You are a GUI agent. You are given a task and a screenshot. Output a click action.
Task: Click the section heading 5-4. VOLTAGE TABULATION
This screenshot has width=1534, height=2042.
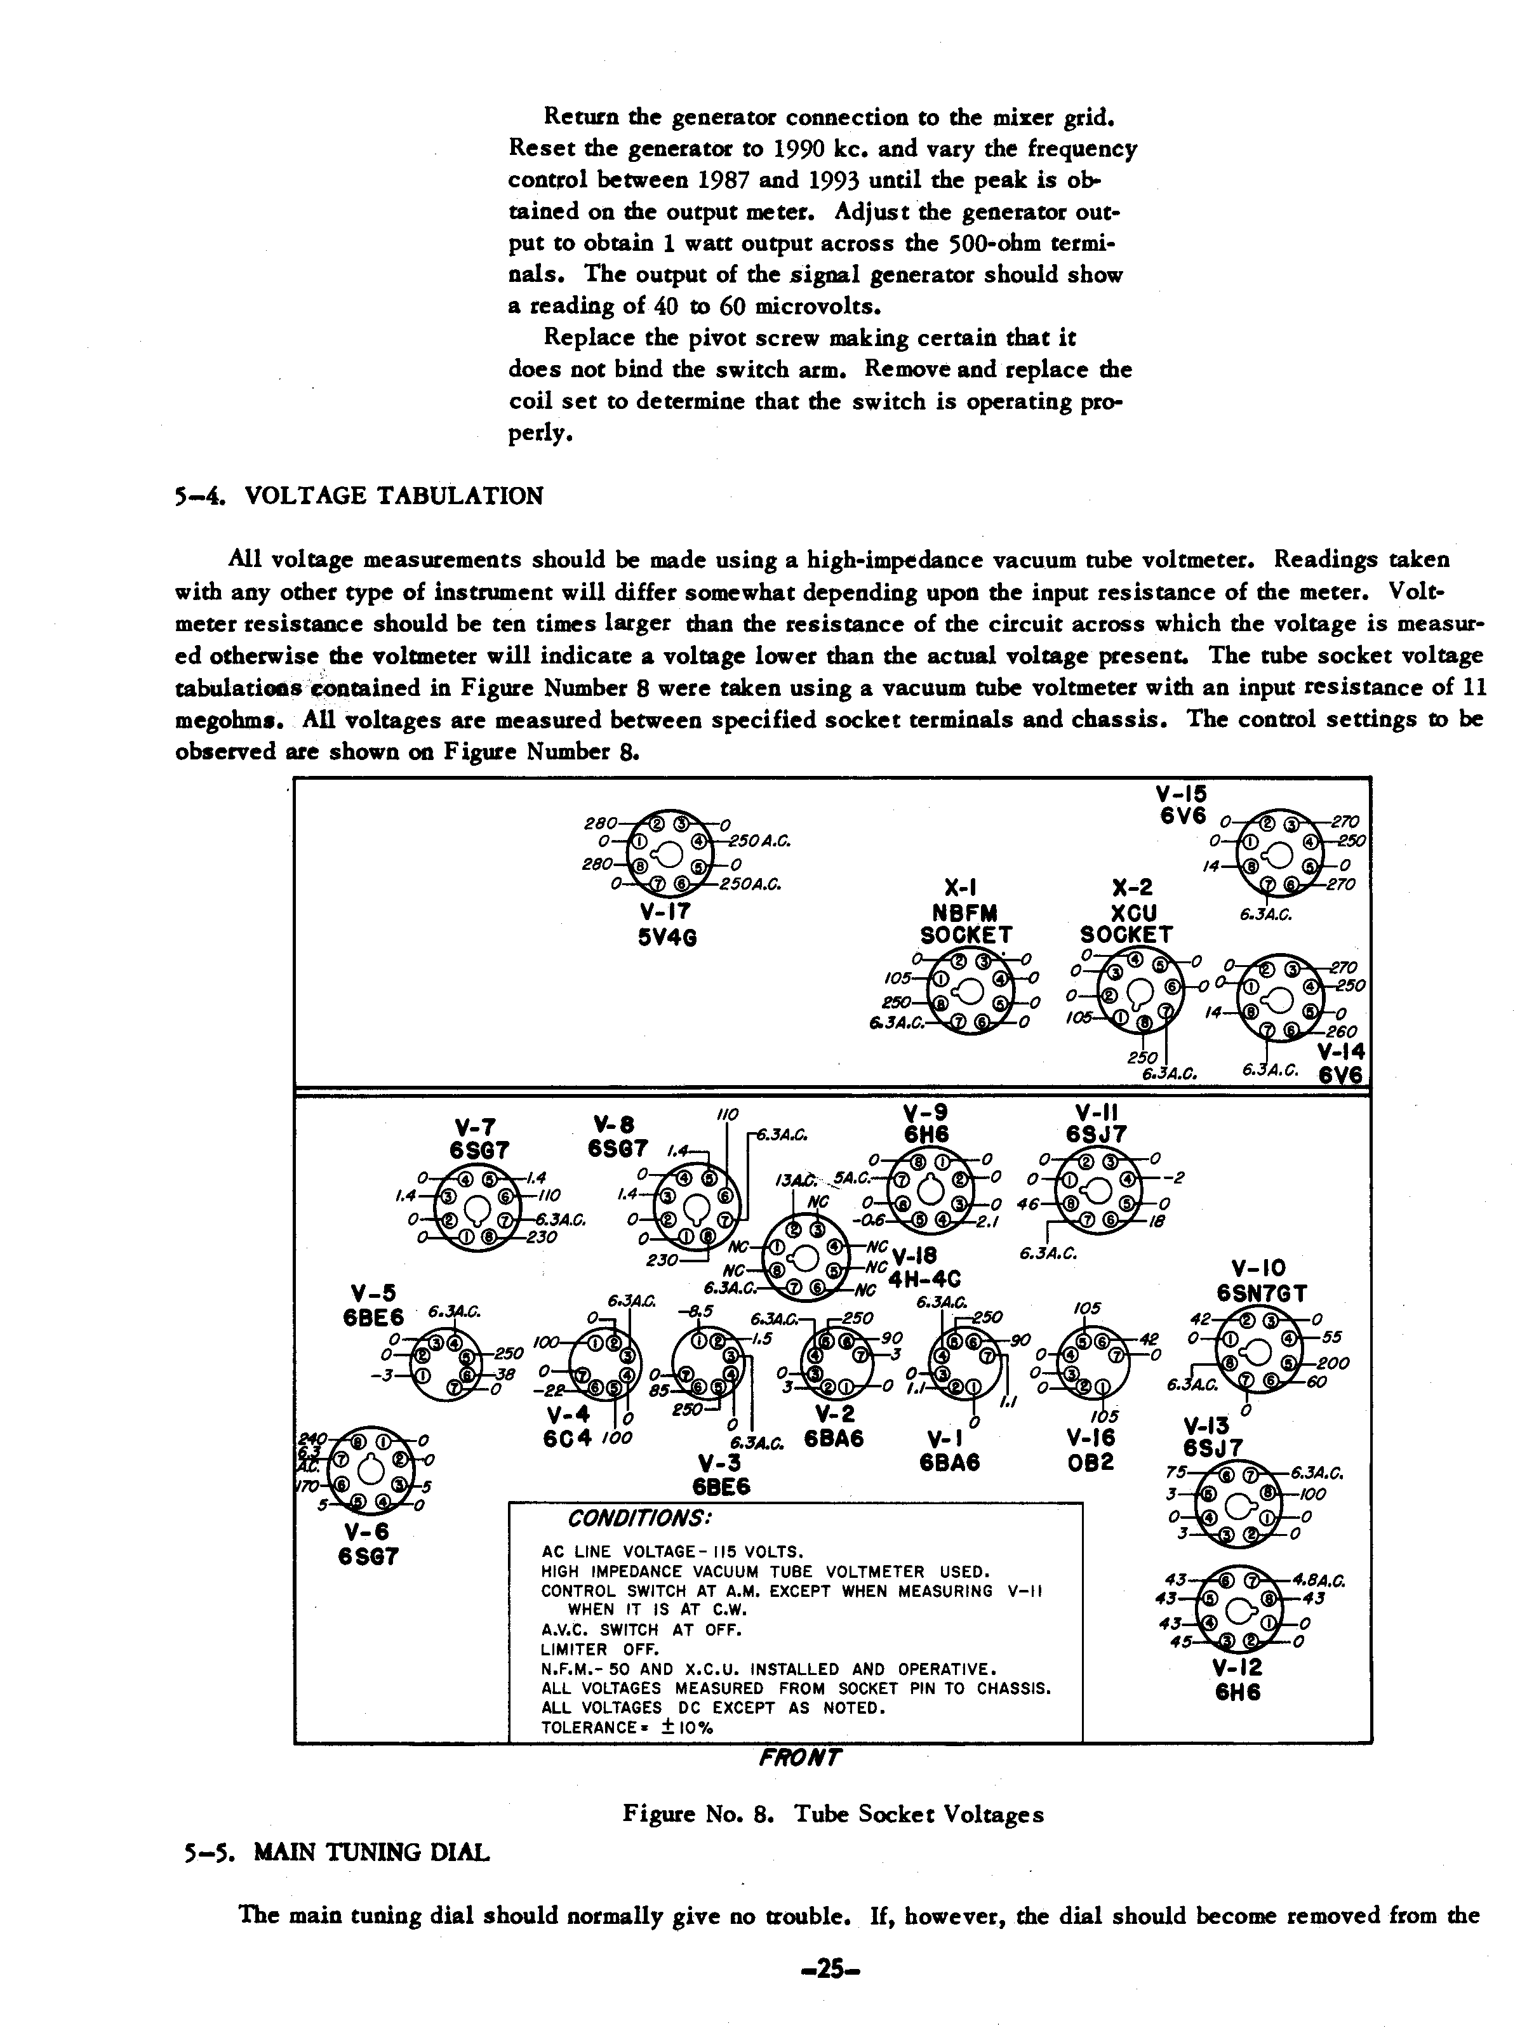[x=359, y=497]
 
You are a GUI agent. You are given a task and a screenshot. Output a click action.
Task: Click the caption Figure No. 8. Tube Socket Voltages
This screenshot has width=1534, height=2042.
[x=832, y=1814]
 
